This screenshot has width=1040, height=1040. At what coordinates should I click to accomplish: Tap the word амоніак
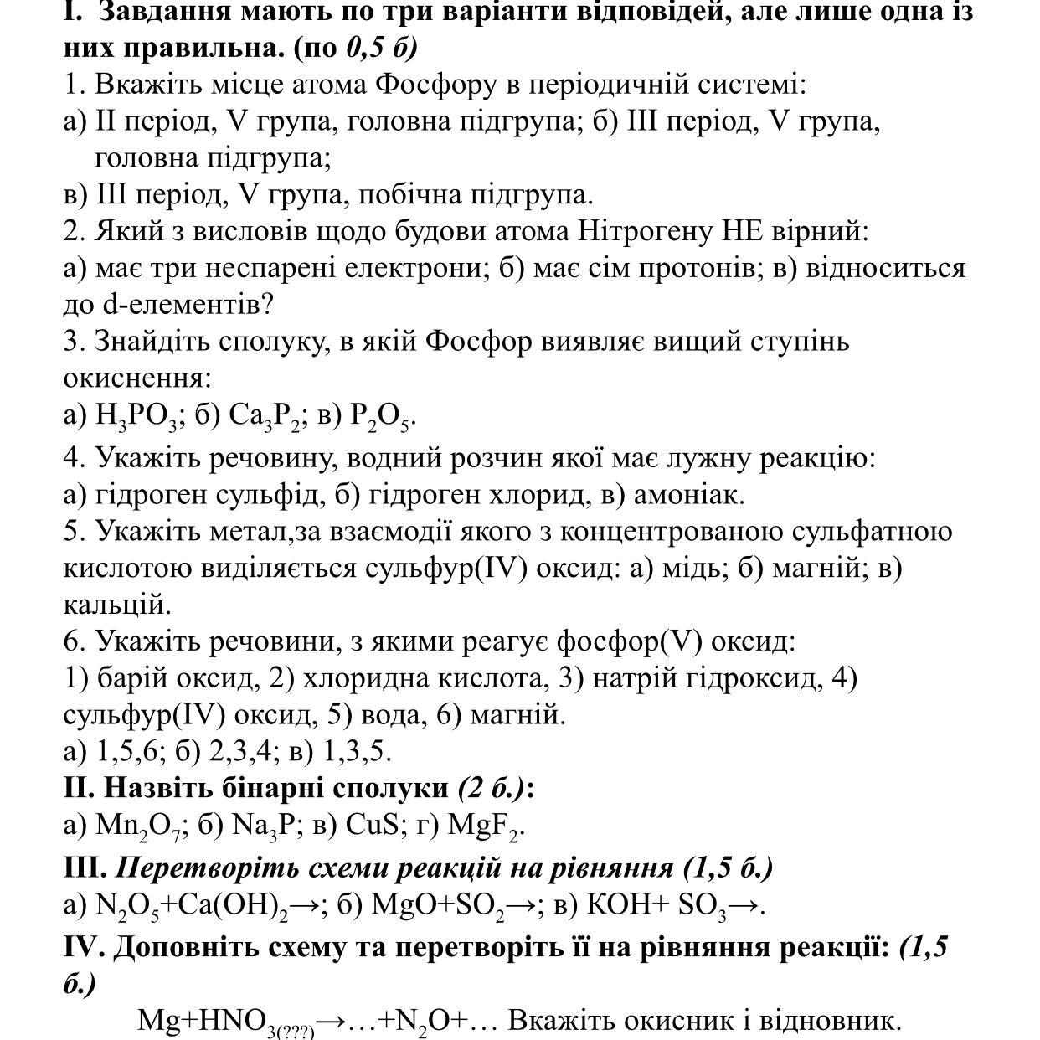688,495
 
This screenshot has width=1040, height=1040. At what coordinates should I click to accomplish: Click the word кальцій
116,605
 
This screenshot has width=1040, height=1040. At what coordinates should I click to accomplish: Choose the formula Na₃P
265,826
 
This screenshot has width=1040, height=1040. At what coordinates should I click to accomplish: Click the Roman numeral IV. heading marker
84,947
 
